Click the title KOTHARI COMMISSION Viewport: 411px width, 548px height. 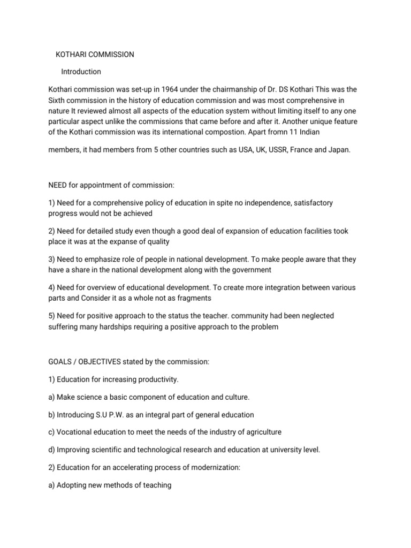pos(95,55)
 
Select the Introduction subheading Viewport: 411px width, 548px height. pos(81,71)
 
